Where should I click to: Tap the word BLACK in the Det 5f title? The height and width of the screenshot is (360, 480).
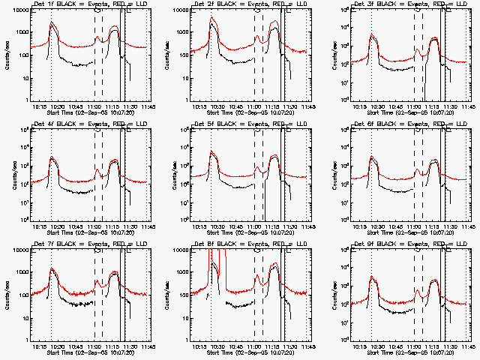[x=229, y=124]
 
